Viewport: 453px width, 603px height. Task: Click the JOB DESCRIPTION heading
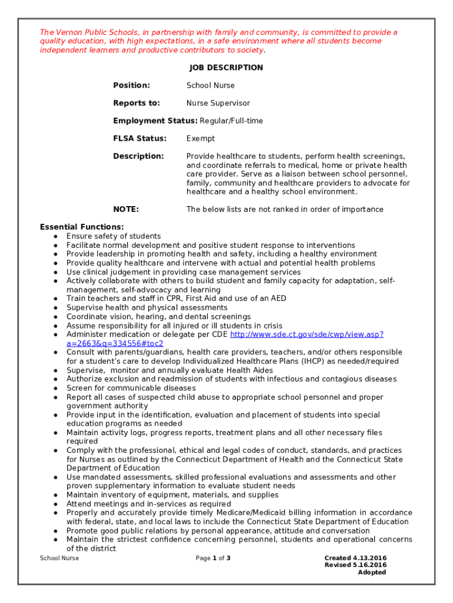pos(226,68)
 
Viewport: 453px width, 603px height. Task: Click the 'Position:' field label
pos(131,85)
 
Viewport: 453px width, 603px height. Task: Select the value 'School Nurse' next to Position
pos(210,85)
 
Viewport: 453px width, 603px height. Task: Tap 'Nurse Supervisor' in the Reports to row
pos(218,103)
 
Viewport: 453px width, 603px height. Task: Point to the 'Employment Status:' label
pos(155,121)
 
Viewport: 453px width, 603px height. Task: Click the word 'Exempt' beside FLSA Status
pos(200,138)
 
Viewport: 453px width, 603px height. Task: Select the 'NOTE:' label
pos(125,209)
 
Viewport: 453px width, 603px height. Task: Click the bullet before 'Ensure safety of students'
pos(55,236)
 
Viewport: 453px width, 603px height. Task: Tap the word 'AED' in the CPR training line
pos(278,299)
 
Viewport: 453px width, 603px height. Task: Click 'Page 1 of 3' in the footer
pos(212,558)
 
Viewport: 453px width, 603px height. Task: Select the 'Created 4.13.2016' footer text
pos(355,558)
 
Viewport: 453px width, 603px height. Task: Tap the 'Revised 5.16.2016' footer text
pos(355,565)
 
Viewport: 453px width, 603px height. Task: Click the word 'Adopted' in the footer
pos(372,572)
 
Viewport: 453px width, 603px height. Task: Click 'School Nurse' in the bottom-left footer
pos(59,558)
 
